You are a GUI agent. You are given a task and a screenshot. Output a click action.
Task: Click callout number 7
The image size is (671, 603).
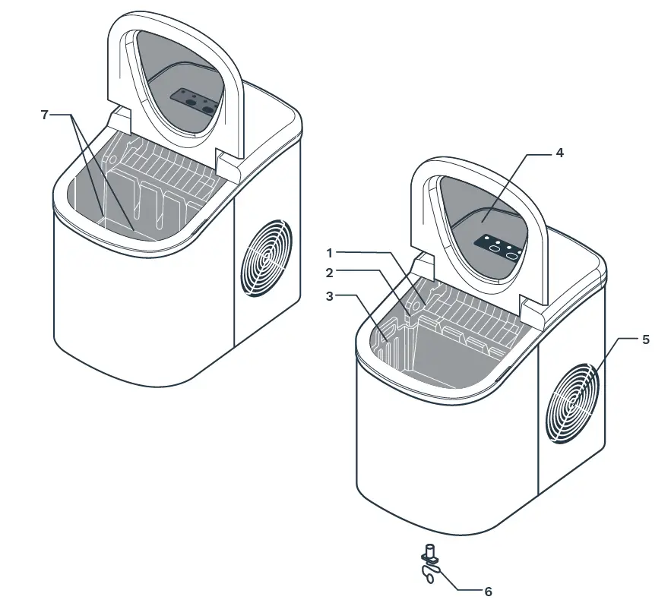click(45, 115)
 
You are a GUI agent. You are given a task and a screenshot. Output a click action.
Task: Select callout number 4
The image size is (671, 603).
click(559, 153)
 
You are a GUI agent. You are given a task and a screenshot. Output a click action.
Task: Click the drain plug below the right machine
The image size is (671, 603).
click(431, 562)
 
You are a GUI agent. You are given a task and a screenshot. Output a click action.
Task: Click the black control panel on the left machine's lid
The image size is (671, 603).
click(194, 100)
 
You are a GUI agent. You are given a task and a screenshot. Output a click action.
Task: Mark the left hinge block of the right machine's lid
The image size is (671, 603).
click(423, 265)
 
